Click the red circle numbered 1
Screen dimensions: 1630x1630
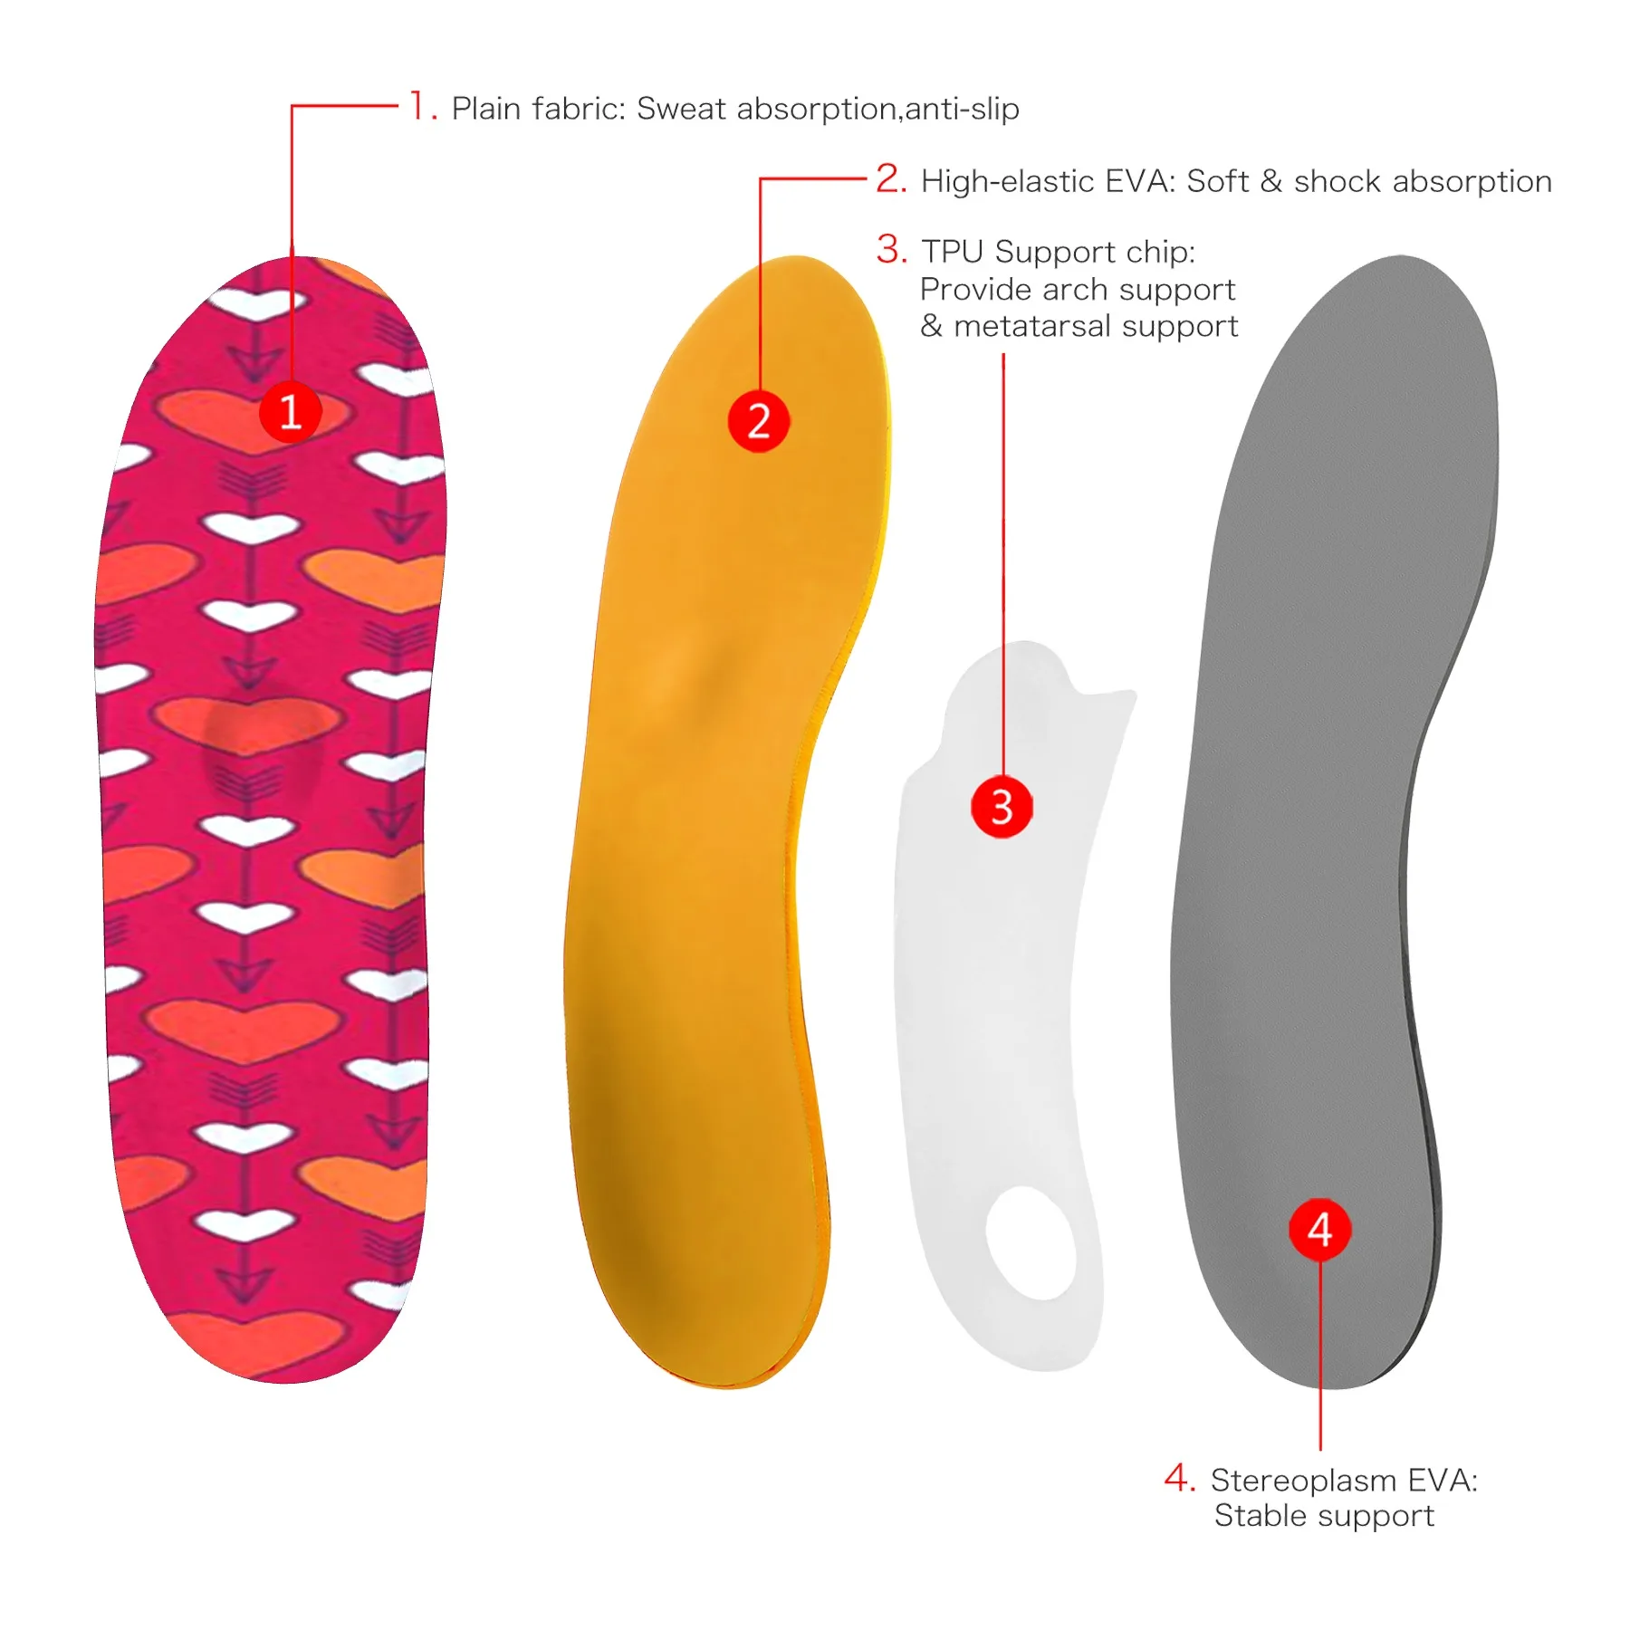tap(290, 412)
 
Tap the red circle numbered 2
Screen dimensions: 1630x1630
tap(759, 421)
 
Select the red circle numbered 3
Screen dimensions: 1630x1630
tap(1002, 806)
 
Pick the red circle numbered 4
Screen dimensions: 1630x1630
tap(1319, 1229)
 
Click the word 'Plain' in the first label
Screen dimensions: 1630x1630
tap(487, 109)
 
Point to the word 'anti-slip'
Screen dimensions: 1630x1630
tap(962, 109)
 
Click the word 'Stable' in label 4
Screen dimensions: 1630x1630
tap(1260, 1516)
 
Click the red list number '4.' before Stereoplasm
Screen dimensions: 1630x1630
tap(1180, 1478)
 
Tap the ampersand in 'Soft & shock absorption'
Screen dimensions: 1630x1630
tap(1271, 181)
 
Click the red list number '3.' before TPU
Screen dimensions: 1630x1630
tap(892, 249)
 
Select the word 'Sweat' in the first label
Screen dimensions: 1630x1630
tap(681, 109)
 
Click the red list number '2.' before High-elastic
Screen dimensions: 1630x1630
tap(892, 178)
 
